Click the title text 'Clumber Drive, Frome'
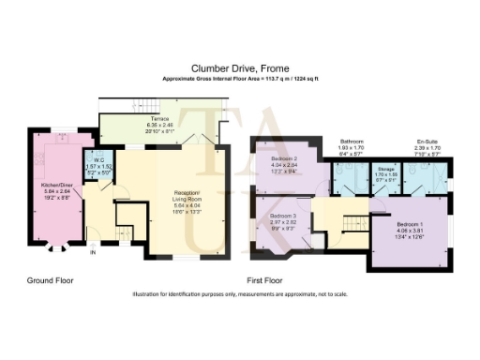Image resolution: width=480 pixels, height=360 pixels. tap(239, 67)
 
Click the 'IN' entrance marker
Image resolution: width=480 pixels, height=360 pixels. tap(92, 252)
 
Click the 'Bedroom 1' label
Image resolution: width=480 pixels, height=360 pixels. tap(412, 226)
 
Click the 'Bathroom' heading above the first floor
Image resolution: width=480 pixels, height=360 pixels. tap(352, 142)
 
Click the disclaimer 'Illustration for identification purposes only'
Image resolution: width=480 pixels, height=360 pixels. tap(239, 294)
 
